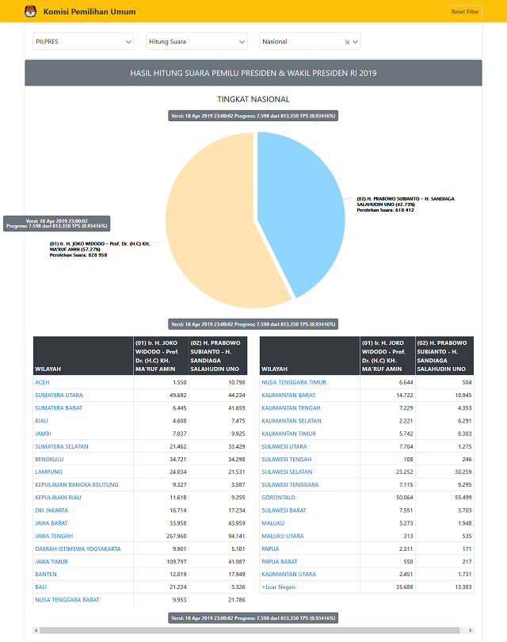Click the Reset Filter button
(465, 12)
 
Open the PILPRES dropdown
(82, 41)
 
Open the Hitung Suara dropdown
(196, 41)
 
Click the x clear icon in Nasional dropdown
(347, 42)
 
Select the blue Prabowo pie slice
(305, 206)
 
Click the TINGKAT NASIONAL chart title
(253, 99)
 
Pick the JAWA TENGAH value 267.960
(172, 536)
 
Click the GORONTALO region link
(278, 498)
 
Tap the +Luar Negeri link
(279, 587)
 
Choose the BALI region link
(41, 587)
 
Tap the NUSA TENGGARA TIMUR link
(294, 382)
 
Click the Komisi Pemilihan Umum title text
(90, 12)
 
